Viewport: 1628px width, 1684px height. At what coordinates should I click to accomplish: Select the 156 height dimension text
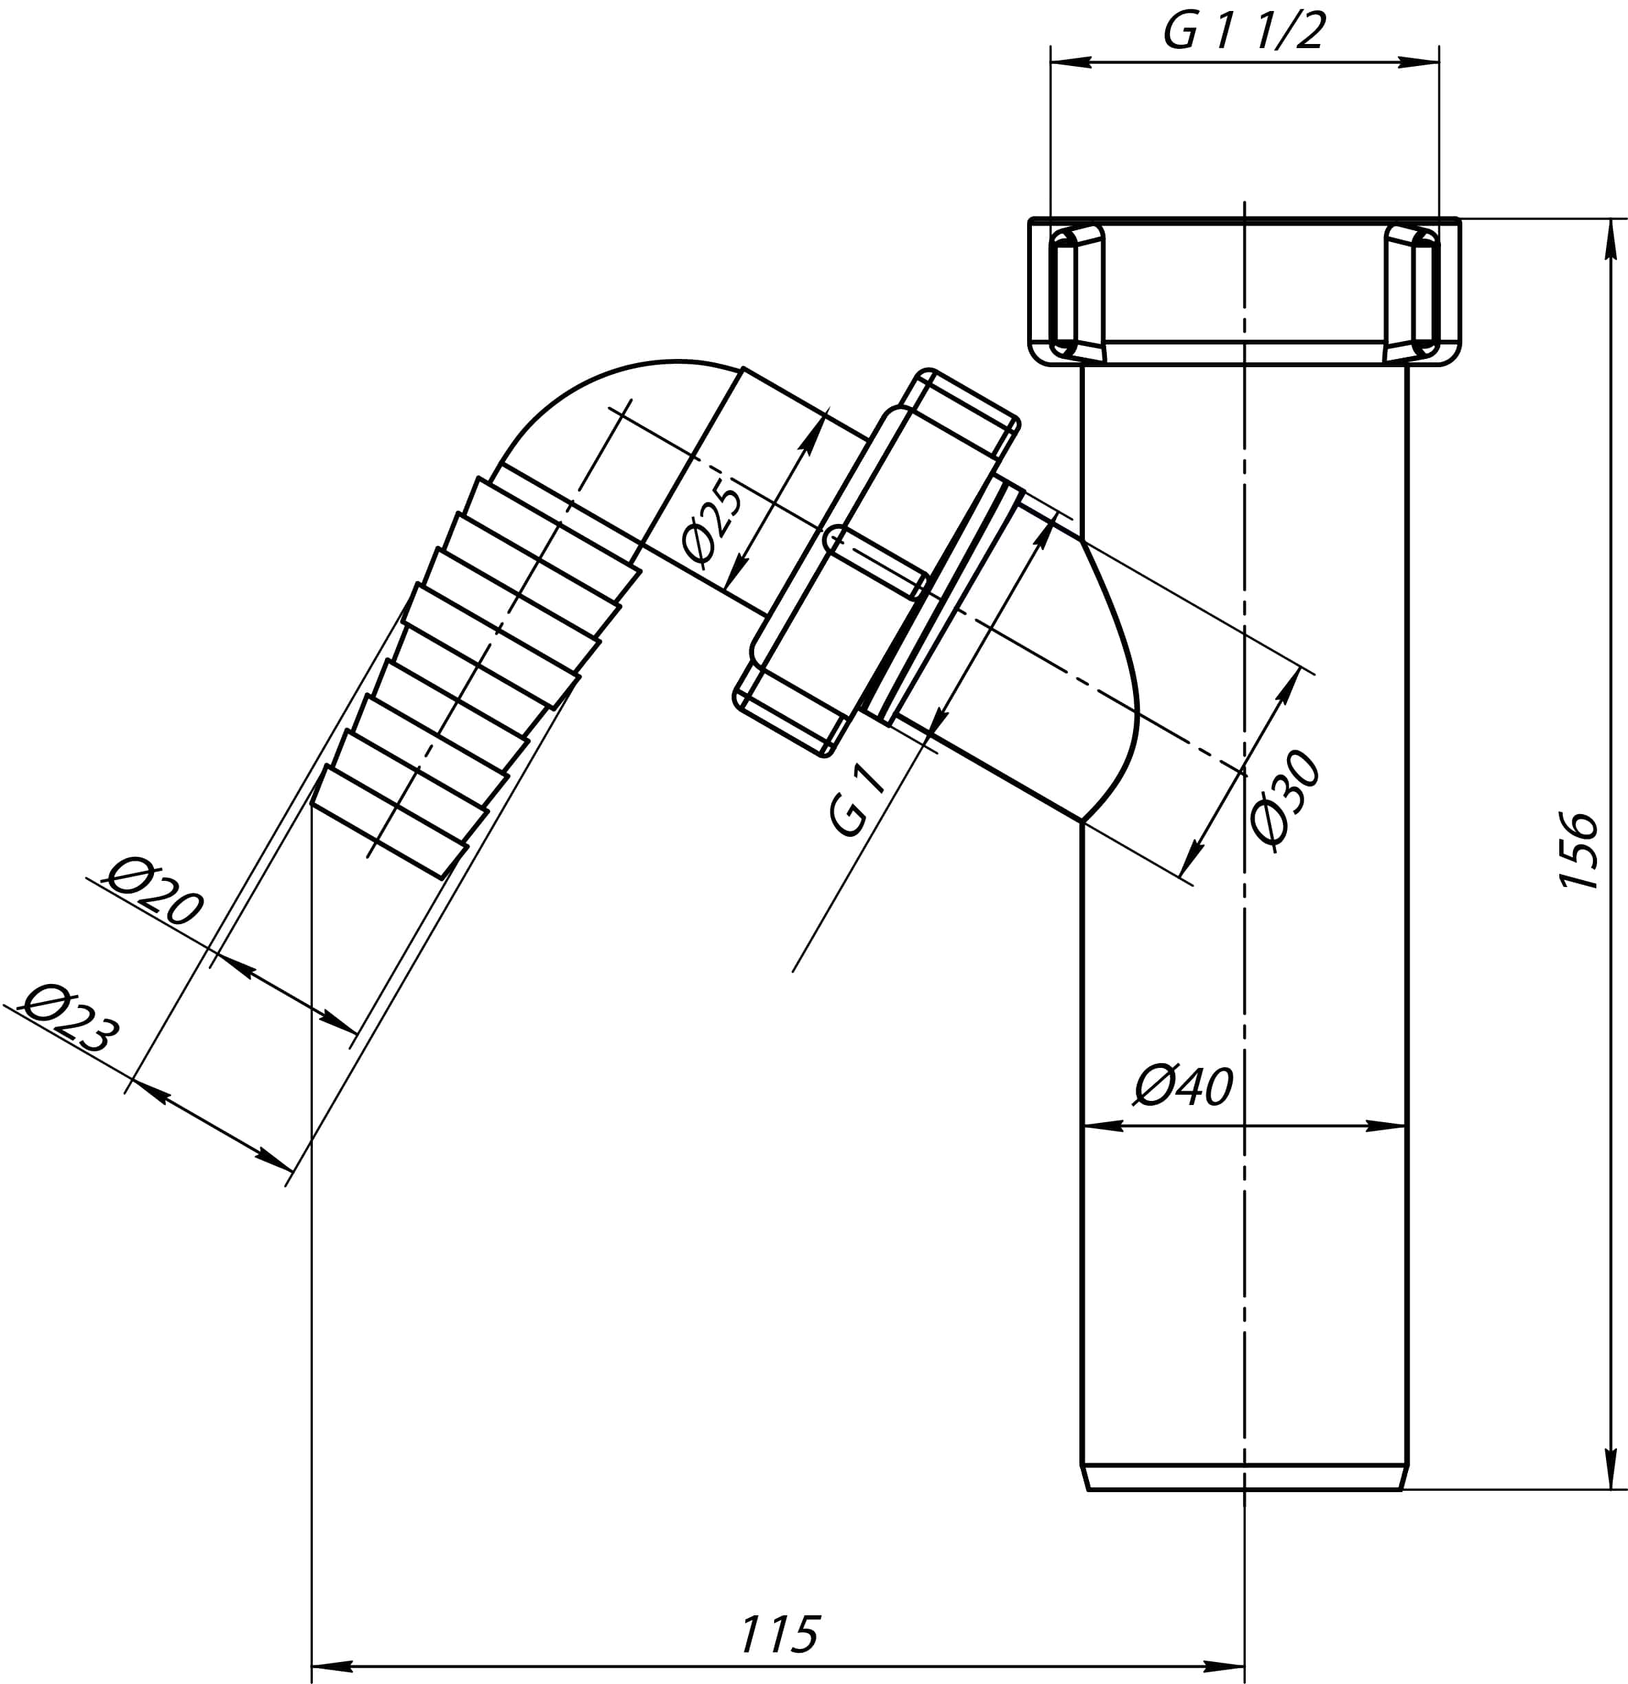[x=1578, y=851]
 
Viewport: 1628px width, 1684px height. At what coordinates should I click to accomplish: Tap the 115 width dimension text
[x=779, y=1635]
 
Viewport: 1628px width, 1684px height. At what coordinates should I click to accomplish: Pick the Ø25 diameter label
[x=712, y=524]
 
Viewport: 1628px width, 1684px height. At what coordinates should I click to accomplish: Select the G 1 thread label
[x=857, y=801]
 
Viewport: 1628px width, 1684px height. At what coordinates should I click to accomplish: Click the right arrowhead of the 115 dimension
[x=1225, y=1667]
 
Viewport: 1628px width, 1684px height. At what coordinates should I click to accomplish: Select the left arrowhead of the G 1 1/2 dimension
[x=1070, y=62]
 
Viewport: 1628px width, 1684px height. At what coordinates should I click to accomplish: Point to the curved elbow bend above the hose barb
[x=602, y=404]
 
